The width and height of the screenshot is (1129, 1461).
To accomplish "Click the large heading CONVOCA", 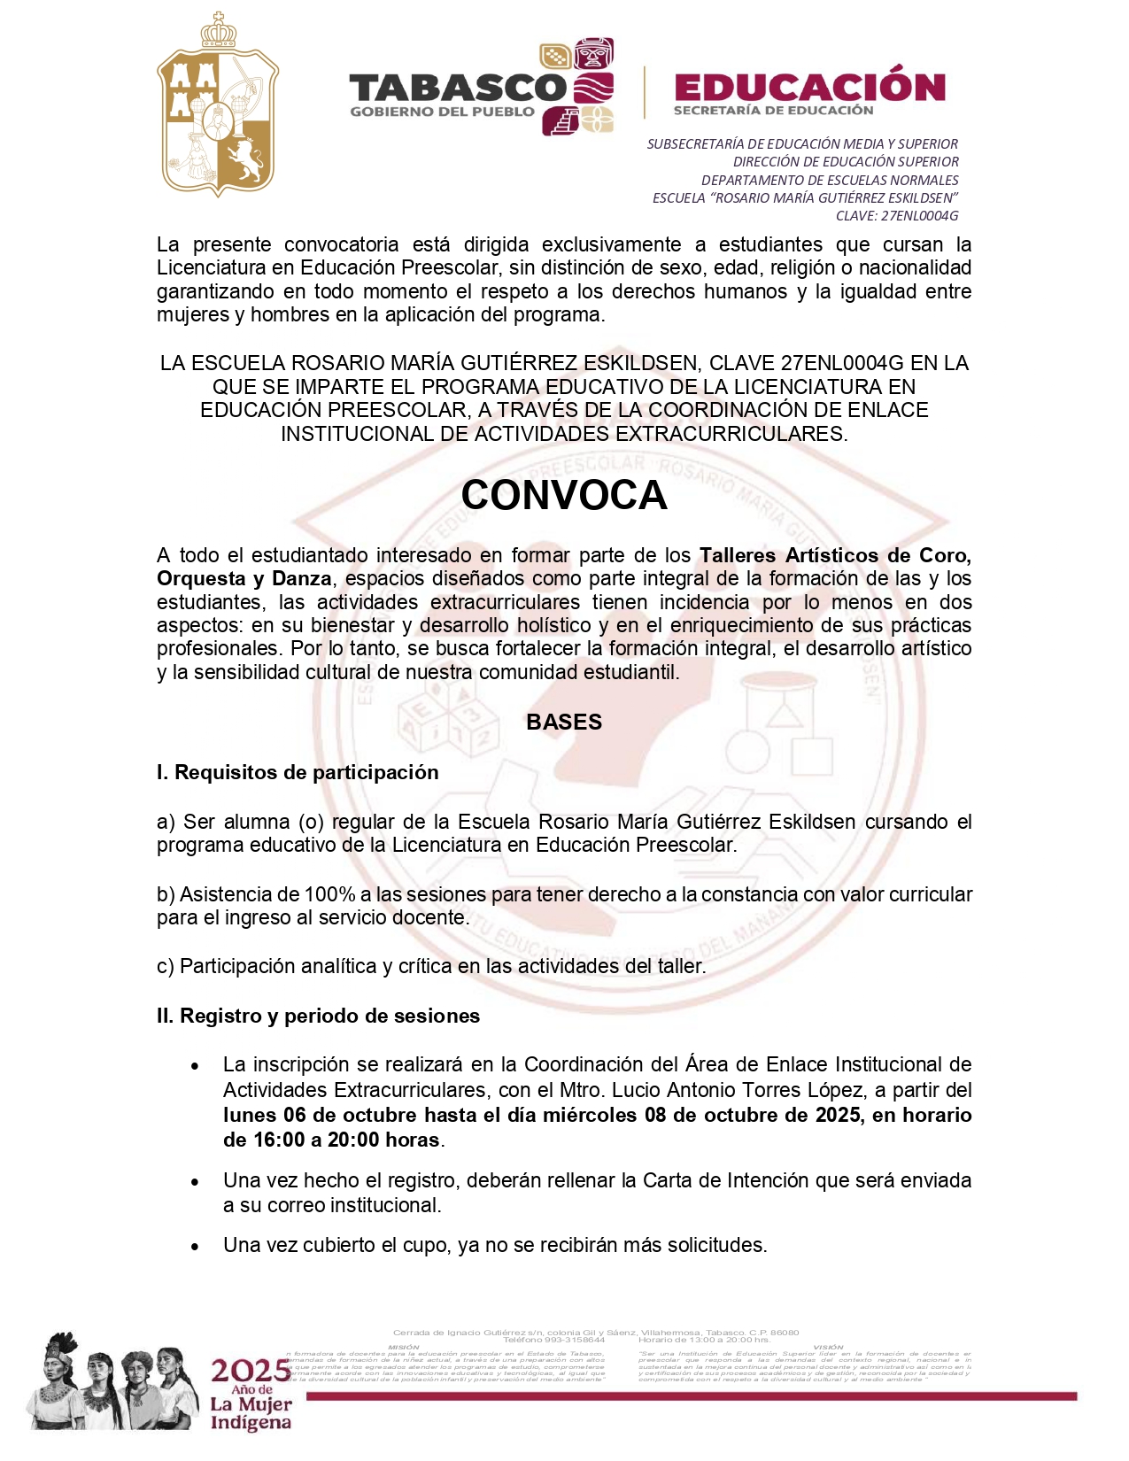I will click(x=563, y=495).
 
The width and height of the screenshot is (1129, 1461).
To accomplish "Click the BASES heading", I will click(x=563, y=722).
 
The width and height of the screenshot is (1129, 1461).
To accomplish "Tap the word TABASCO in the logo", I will click(x=457, y=88).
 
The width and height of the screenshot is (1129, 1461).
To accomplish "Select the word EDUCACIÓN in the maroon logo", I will click(x=809, y=87).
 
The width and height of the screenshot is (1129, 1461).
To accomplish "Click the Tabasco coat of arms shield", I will click(x=218, y=106).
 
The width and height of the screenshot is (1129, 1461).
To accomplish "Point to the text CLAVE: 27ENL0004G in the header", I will click(x=897, y=216).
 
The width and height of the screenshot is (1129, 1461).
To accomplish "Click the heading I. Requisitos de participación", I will click(x=298, y=772).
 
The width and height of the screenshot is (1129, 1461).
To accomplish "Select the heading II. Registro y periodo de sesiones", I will click(x=318, y=1016).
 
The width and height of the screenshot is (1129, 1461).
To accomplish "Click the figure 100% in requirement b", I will click(x=329, y=894).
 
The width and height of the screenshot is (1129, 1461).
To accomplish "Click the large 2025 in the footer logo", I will click(x=250, y=1371).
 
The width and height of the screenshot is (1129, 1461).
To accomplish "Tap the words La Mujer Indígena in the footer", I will click(x=251, y=1414).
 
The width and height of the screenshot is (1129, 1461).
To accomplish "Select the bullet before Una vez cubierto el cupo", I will click(x=195, y=1246).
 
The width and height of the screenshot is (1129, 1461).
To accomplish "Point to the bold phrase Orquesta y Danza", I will click(x=244, y=578).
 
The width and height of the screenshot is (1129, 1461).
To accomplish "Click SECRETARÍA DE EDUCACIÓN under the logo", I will click(x=773, y=111).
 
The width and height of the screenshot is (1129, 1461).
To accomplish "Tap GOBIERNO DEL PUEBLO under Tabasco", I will click(x=442, y=112).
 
